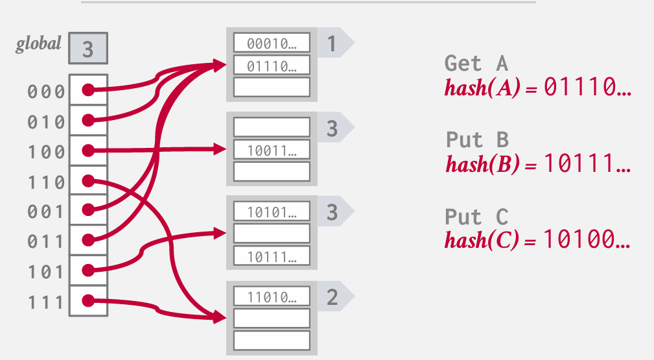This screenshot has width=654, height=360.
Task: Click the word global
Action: click(x=39, y=44)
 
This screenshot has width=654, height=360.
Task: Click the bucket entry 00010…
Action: click(x=272, y=43)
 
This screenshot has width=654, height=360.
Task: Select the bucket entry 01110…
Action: click(x=272, y=65)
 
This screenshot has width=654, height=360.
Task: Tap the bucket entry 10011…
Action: click(x=272, y=150)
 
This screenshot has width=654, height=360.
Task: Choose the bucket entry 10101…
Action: click(x=272, y=211)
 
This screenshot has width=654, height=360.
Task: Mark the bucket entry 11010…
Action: click(x=272, y=297)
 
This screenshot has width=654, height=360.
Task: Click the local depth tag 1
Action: click(x=332, y=43)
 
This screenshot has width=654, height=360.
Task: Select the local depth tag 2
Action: click(x=332, y=297)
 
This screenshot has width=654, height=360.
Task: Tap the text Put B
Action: click(x=477, y=139)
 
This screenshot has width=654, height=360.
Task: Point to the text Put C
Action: click(x=477, y=216)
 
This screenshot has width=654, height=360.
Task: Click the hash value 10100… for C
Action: click(x=587, y=240)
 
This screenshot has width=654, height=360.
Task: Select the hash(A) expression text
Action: click(x=482, y=88)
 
